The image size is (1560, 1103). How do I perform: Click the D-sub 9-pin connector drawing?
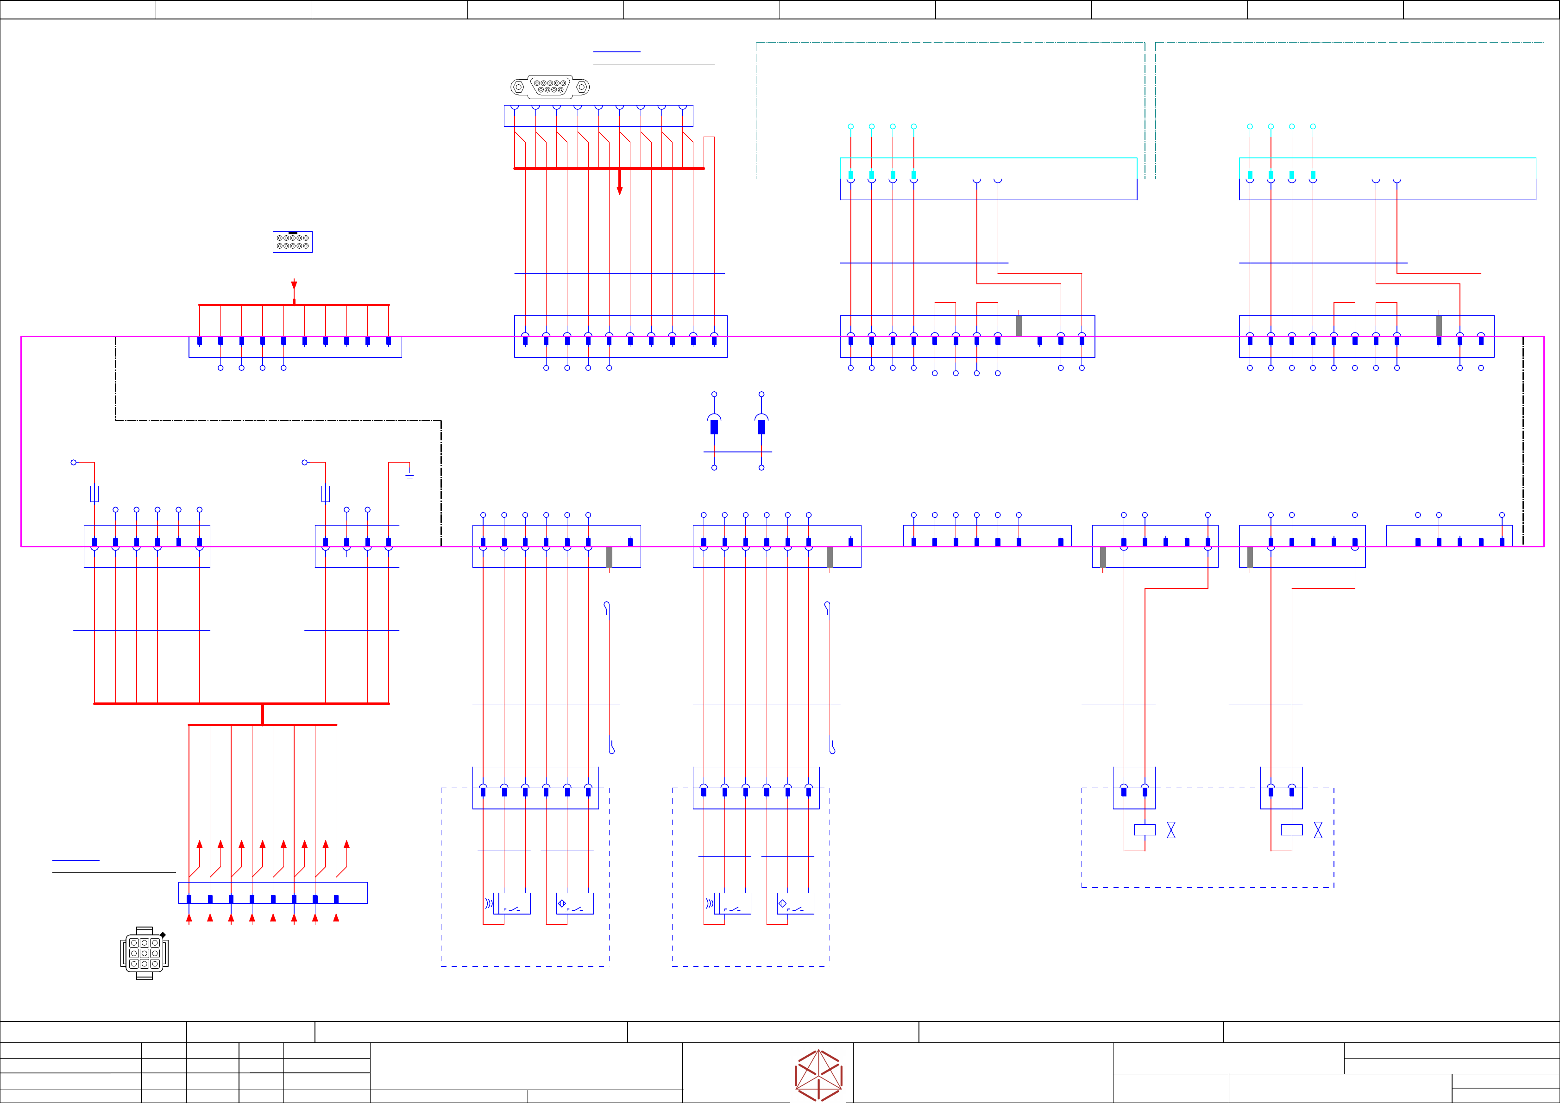click(x=550, y=87)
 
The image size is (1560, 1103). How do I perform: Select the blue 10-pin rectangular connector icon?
click(x=293, y=242)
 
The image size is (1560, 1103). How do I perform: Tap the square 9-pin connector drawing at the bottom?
click(x=144, y=953)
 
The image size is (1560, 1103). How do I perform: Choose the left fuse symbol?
click(x=94, y=494)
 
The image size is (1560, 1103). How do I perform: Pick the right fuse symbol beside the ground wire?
click(x=326, y=494)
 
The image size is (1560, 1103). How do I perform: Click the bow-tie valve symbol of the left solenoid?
click(x=1170, y=830)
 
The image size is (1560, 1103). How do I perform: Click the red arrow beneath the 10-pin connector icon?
click(x=294, y=285)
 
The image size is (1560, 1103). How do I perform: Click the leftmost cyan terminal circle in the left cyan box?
click(x=851, y=127)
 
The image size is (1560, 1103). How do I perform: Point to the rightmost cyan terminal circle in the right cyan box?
click(x=1313, y=127)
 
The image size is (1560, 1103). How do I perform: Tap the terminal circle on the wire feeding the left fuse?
click(x=73, y=463)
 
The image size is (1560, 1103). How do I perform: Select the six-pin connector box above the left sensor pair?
click(x=535, y=788)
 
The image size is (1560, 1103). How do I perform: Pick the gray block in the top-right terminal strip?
click(x=1439, y=326)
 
